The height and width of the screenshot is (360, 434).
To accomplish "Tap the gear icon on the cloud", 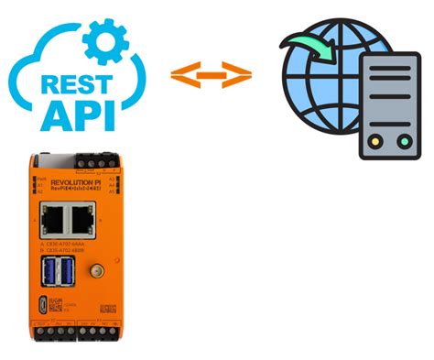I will pyautogui.click(x=105, y=37).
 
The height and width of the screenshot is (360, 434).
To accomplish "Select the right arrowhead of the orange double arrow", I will pyautogui.click(x=239, y=76).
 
